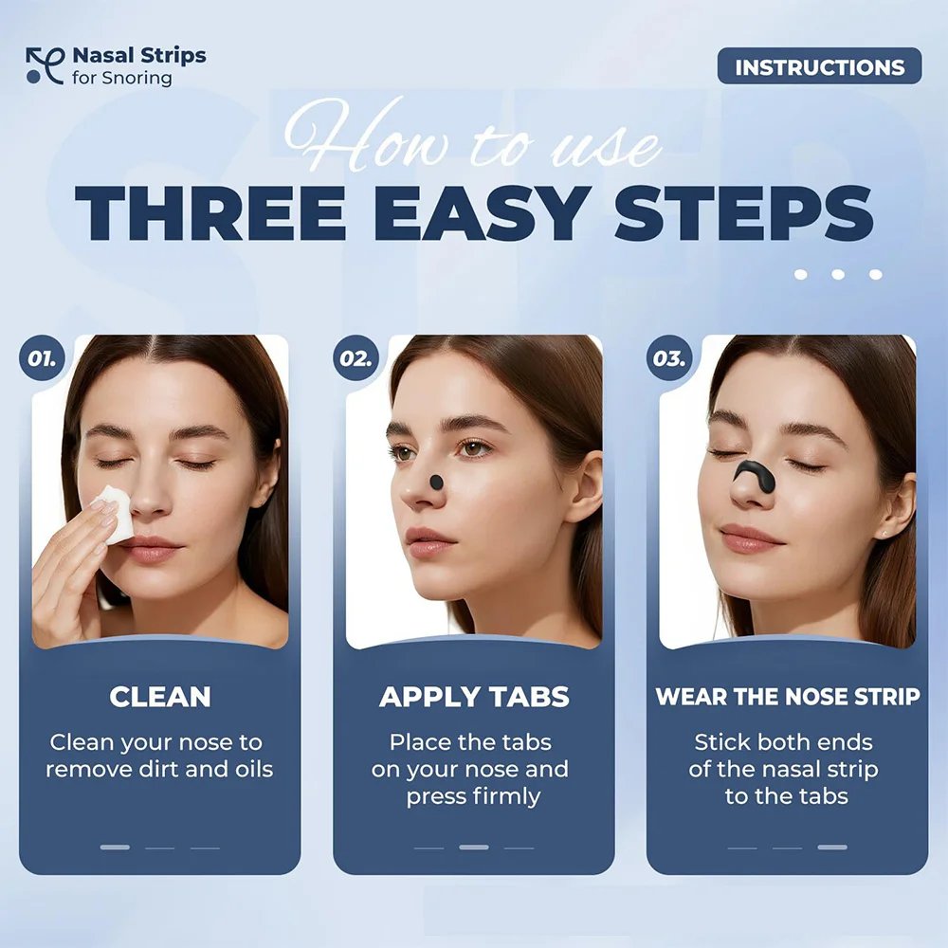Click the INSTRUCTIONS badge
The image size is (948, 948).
pyautogui.click(x=819, y=67)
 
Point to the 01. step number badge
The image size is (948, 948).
pyautogui.click(x=41, y=359)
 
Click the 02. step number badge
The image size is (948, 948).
pyautogui.click(x=355, y=359)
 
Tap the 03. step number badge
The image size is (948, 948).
pyautogui.click(x=669, y=359)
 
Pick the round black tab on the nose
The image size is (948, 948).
pyautogui.click(x=436, y=482)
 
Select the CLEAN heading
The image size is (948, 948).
pyautogui.click(x=159, y=697)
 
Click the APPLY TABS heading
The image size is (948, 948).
pyautogui.click(x=474, y=697)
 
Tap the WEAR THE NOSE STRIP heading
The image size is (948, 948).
pyautogui.click(x=787, y=697)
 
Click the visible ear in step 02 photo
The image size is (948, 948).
pyautogui.click(x=584, y=486)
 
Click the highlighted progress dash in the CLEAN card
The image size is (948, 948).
pyautogui.click(x=115, y=847)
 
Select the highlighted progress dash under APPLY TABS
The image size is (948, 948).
pyautogui.click(x=474, y=847)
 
